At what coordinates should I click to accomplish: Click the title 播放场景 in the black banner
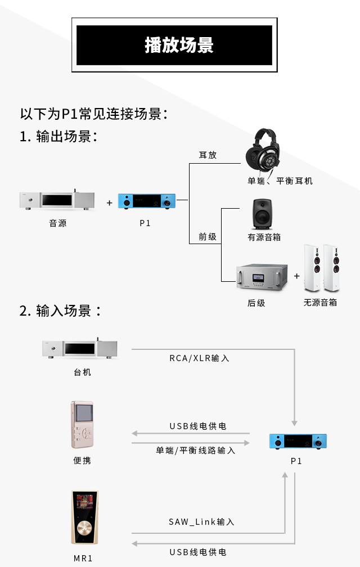[x=179, y=45]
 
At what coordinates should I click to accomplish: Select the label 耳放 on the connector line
[x=208, y=155]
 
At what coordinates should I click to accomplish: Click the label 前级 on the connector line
[x=208, y=237]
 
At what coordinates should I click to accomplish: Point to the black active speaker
[x=263, y=213]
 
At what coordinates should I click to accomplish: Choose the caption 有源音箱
[x=264, y=237]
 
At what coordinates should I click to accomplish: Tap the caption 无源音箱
[x=320, y=302]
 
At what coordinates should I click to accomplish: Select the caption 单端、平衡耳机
[x=280, y=181]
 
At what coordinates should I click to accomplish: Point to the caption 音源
[x=58, y=223]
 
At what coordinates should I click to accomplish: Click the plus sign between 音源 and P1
[x=109, y=203]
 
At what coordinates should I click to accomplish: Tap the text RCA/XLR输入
[x=200, y=358]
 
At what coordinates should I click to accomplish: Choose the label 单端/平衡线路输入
[x=196, y=450]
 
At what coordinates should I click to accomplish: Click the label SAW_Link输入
[x=201, y=522]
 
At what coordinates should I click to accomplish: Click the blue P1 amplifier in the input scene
[x=298, y=442]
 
